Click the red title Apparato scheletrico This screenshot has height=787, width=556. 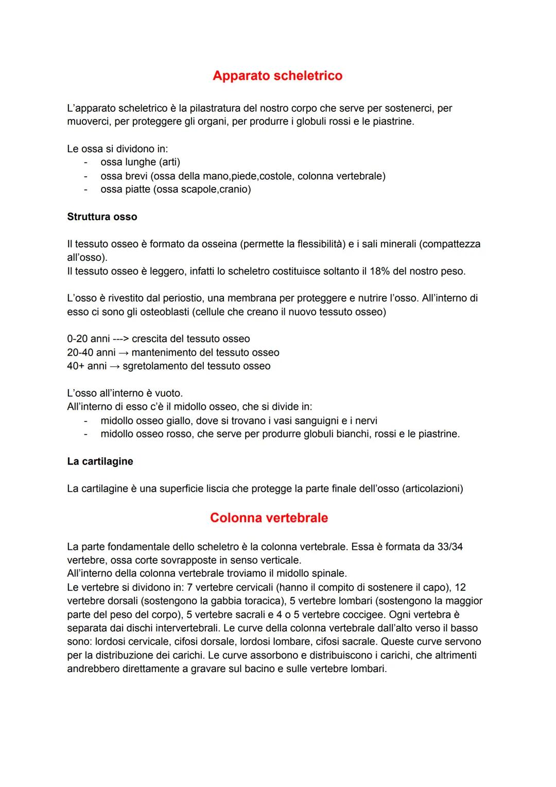point(277,76)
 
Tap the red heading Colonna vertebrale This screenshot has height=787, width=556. point(269,518)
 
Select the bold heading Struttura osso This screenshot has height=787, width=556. point(102,217)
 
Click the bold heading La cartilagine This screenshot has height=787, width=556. point(100,461)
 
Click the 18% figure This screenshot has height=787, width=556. point(379,271)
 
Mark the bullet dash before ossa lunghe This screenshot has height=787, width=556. point(85,162)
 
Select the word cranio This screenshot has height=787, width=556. point(234,189)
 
